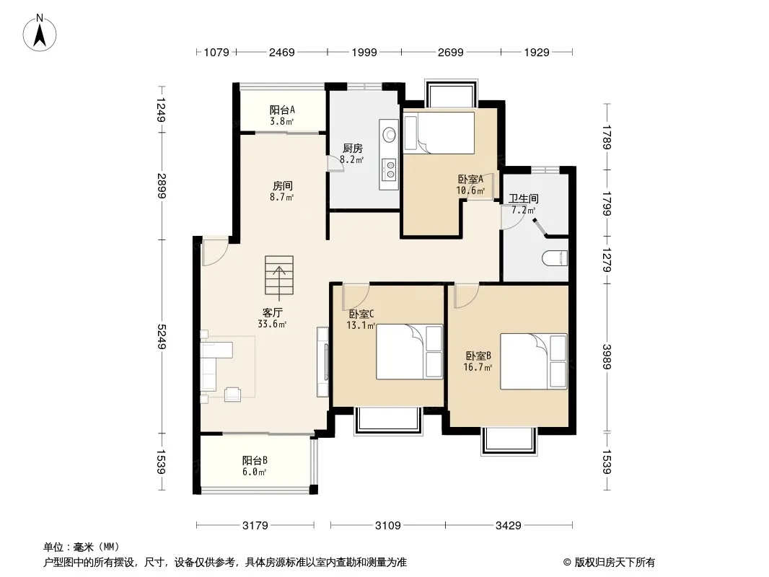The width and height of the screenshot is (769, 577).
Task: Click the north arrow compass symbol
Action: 40,32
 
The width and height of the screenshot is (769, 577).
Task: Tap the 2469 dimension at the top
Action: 281,52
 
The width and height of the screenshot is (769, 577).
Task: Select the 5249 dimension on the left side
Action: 161,336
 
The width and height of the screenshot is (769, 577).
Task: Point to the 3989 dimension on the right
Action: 607,357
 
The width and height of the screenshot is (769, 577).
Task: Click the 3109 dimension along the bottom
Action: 388,526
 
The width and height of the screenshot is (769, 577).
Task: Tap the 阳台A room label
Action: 282,110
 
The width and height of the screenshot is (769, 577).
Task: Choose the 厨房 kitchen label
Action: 352,148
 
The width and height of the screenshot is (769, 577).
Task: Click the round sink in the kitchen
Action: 390,134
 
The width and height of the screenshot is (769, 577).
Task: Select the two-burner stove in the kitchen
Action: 390,169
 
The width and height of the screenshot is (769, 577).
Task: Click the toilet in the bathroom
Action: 555,258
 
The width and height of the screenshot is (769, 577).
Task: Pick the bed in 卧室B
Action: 534,362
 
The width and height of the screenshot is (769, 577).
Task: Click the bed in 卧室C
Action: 410,351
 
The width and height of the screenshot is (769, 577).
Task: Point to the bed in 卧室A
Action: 439,133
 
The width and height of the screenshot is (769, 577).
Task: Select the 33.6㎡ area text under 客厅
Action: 272,324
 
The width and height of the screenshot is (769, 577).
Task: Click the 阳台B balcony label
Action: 255,460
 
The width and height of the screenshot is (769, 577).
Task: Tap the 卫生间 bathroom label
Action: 523,198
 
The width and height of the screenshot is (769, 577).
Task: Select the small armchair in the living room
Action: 232,394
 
